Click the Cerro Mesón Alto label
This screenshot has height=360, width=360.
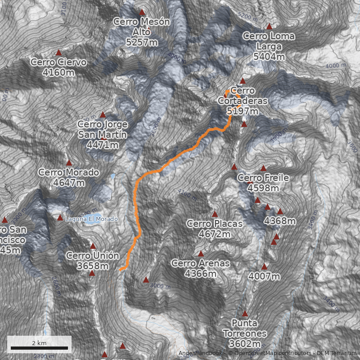point(142,31)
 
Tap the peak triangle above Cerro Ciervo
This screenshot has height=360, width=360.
point(58,53)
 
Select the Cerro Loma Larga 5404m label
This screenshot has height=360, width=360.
point(269,46)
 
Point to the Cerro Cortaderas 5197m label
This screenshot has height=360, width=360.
point(243,101)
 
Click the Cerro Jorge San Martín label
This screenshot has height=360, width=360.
point(102,134)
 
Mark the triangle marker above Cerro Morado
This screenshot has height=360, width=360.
point(69,163)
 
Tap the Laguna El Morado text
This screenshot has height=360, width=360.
point(92,219)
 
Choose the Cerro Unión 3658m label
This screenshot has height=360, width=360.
point(93,261)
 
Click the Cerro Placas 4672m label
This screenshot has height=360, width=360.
point(214,229)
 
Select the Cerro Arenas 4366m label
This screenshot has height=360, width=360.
point(201,268)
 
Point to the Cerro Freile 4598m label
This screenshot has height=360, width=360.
point(263,183)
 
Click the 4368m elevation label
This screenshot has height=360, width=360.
point(280,221)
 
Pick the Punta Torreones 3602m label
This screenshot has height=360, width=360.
point(245,333)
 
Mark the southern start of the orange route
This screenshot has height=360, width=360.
point(121,269)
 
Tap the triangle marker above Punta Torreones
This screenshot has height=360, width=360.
point(245,314)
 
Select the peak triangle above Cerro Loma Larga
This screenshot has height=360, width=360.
point(269,27)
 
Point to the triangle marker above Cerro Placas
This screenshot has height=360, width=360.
point(215,214)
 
